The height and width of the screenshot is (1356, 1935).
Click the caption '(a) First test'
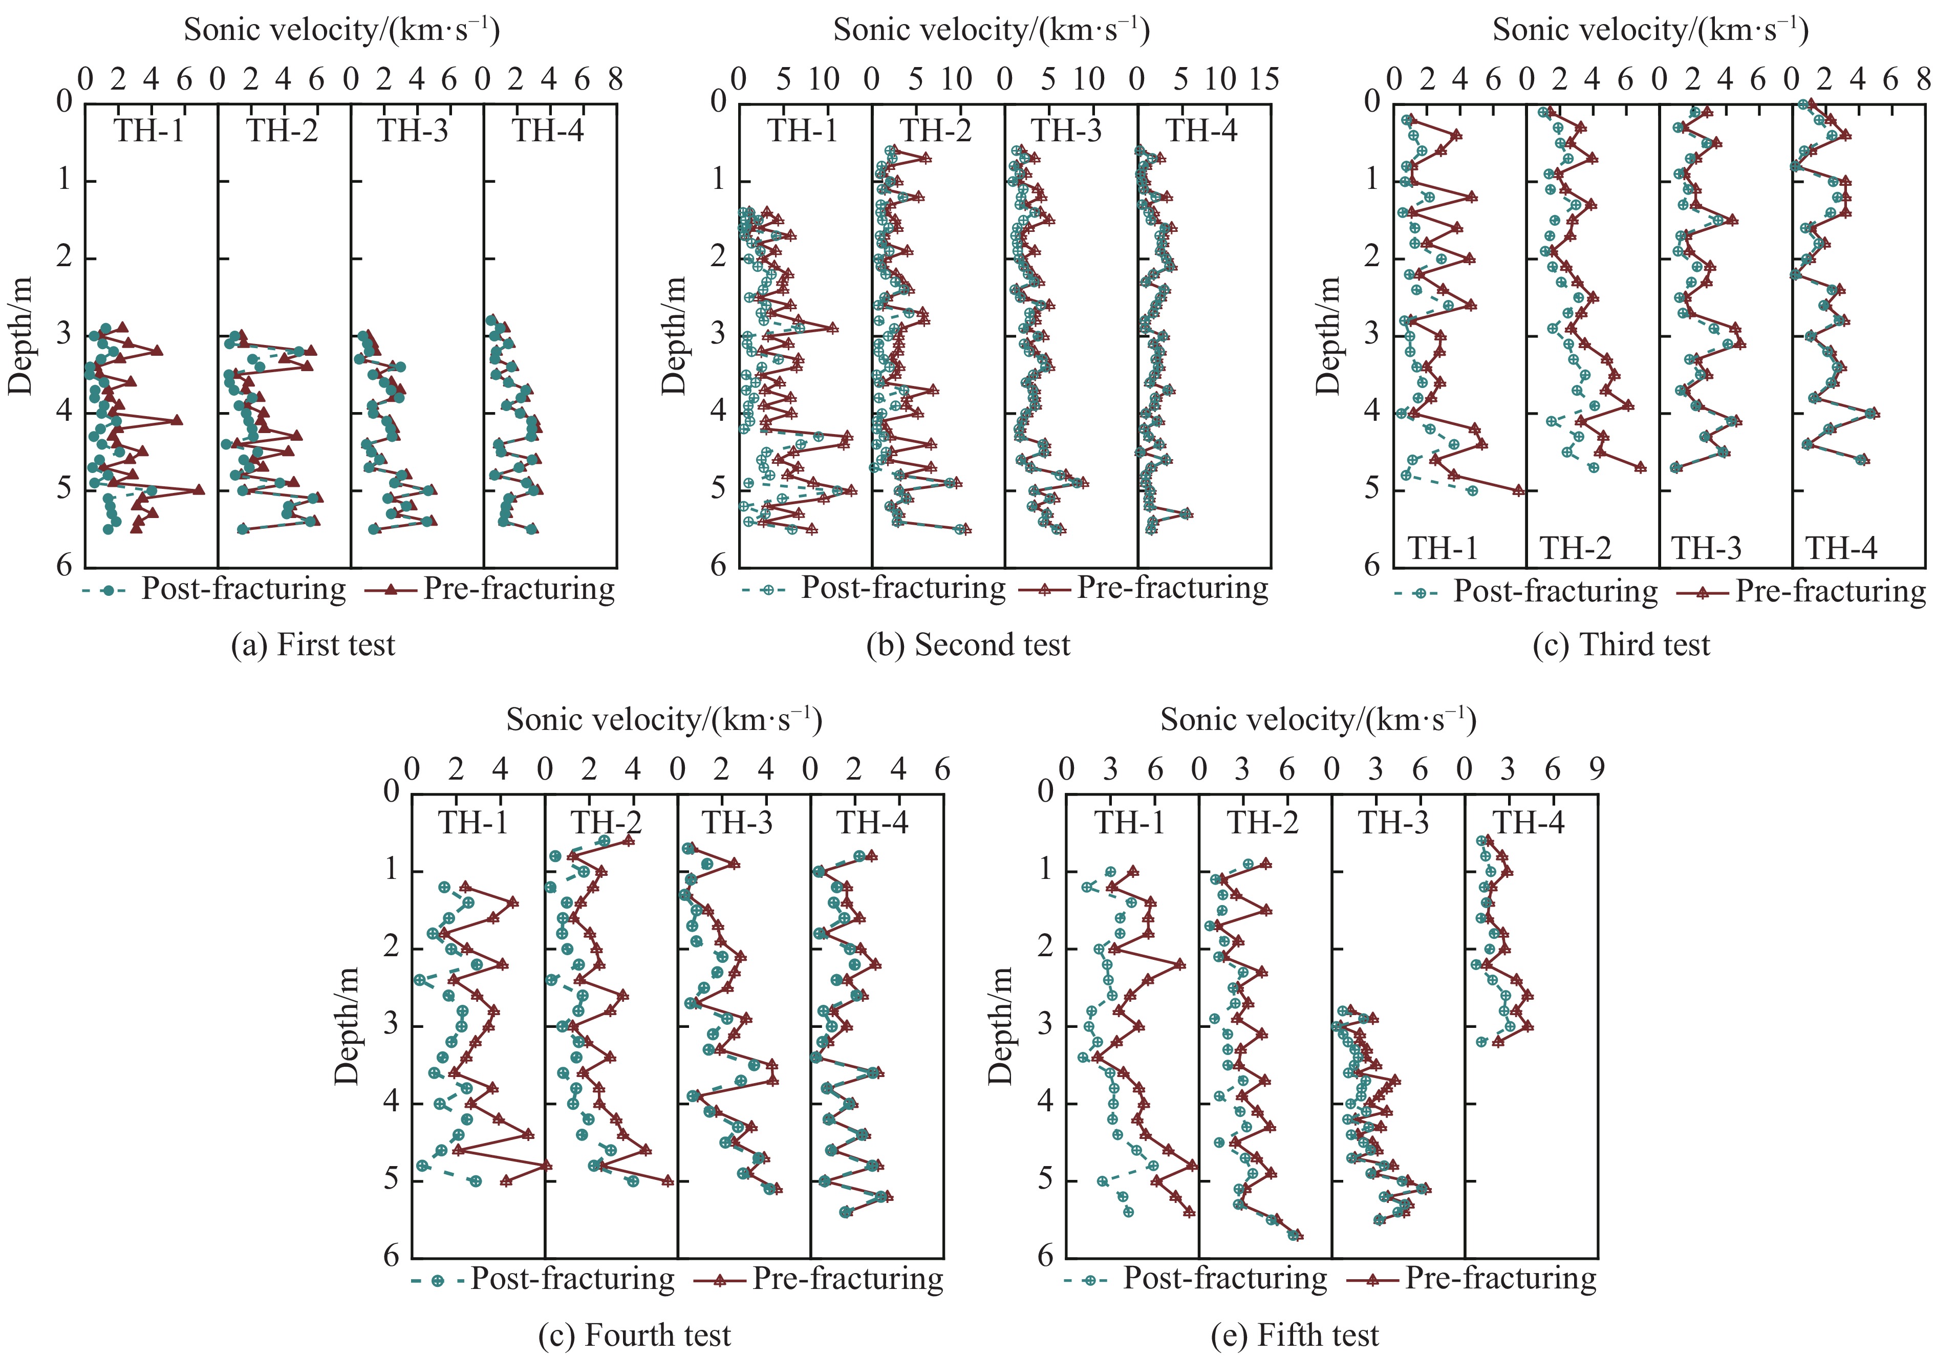point(313,645)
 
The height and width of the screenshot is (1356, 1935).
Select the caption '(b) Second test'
point(969,645)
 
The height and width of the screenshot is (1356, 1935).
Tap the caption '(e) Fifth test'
point(1295,1335)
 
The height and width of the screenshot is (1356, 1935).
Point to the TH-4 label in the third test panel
point(1841,549)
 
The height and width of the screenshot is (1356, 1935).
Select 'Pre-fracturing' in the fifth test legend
point(1500,1279)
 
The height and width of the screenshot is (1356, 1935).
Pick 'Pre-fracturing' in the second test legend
point(1172,588)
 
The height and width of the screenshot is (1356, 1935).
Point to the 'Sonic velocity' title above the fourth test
point(664,720)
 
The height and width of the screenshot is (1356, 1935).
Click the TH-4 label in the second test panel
point(1202,132)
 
